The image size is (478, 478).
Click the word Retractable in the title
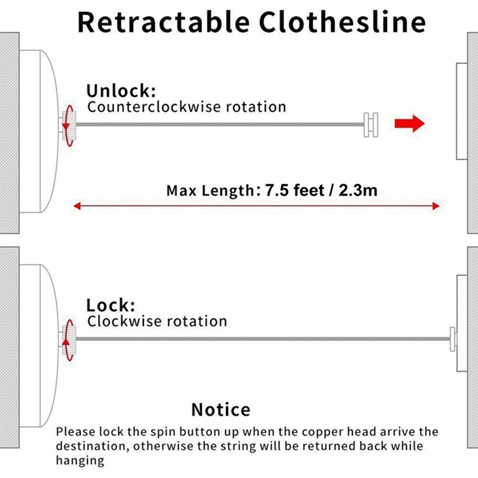pyautogui.click(x=163, y=22)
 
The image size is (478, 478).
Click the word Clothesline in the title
pyautogui.click(x=342, y=22)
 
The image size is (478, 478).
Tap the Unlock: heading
pyautogui.click(x=121, y=91)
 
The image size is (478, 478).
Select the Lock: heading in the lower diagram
pyautogui.click(x=111, y=305)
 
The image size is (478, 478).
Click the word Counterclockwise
pyautogui.click(x=154, y=107)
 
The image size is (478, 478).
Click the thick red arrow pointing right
pyautogui.click(x=409, y=124)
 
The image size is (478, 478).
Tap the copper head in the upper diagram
pyautogui.click(x=371, y=125)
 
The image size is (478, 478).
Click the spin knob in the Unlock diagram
pyautogui.click(x=69, y=126)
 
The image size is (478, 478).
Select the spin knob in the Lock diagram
pyautogui.click(x=69, y=340)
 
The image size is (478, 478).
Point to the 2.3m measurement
pyautogui.click(x=358, y=190)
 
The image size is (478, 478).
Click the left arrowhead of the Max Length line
pyautogui.click(x=77, y=206)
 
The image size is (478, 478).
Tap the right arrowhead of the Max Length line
pyautogui.click(x=436, y=206)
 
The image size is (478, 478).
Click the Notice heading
pyautogui.click(x=221, y=409)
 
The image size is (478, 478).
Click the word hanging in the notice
pyautogui.click(x=80, y=461)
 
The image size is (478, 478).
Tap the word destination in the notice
pyautogui.click(x=91, y=446)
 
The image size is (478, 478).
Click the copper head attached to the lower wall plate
pyautogui.click(x=453, y=339)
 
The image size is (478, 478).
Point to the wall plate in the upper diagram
pyautogui.click(x=462, y=112)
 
